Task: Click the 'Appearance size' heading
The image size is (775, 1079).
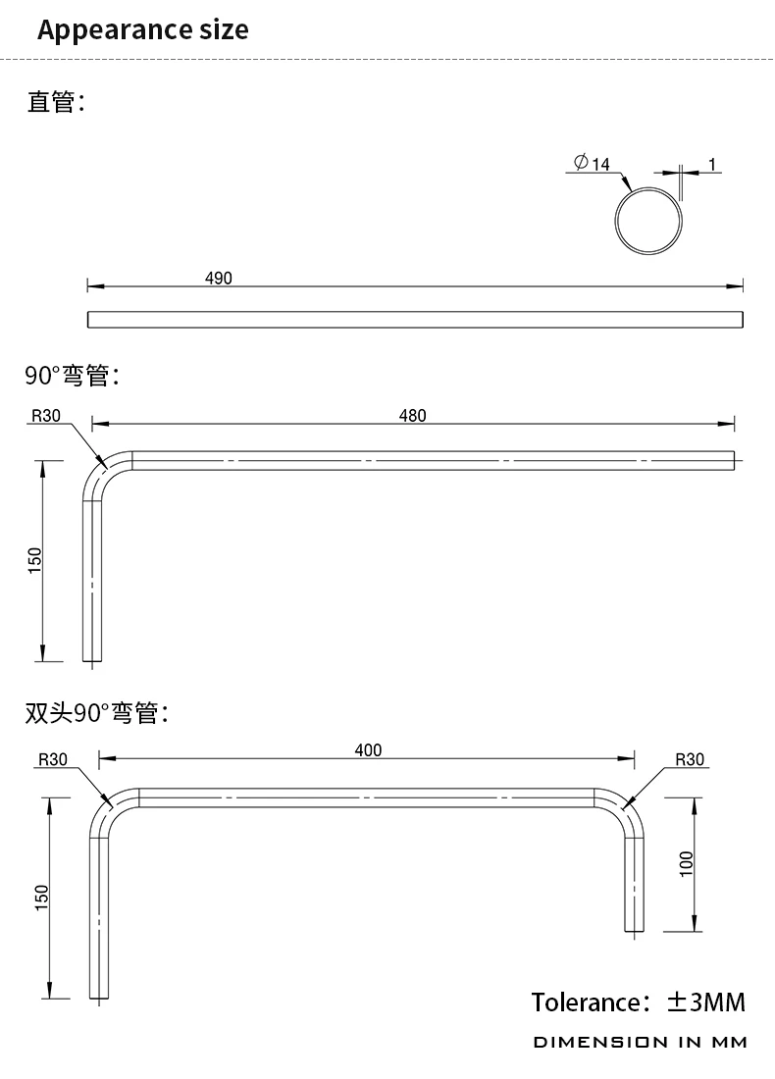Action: tap(143, 29)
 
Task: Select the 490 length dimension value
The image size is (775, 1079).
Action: tap(219, 279)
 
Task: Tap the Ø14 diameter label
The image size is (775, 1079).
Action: tap(593, 163)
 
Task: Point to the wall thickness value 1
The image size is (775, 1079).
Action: tap(712, 164)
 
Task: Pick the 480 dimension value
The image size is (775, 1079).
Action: tap(413, 416)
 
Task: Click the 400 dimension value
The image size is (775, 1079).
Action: tap(368, 750)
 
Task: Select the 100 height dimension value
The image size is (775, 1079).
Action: tap(687, 863)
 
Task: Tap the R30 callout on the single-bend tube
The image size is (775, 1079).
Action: tap(46, 416)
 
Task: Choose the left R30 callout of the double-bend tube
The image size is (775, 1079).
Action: tap(52, 759)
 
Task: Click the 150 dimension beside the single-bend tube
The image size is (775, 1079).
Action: tap(35, 560)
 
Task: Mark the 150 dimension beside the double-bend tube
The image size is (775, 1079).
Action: tap(41, 897)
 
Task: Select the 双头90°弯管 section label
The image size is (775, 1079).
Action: tap(97, 713)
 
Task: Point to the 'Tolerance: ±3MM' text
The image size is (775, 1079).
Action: tap(639, 1002)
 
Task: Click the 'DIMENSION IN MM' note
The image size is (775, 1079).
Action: tap(640, 1042)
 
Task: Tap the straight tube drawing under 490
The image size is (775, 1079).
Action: tap(415, 320)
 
